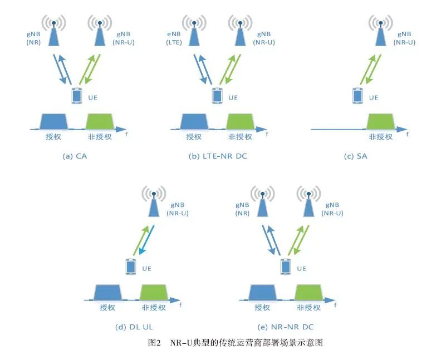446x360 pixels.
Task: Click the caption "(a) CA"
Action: tap(75, 156)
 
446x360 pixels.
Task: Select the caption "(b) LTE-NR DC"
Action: tap(218, 156)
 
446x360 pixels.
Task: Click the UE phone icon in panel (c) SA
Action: tap(357, 95)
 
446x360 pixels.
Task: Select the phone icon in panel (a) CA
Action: tap(76, 95)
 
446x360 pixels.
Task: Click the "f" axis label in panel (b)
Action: tap(267, 134)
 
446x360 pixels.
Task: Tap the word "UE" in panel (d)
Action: tap(145, 268)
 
